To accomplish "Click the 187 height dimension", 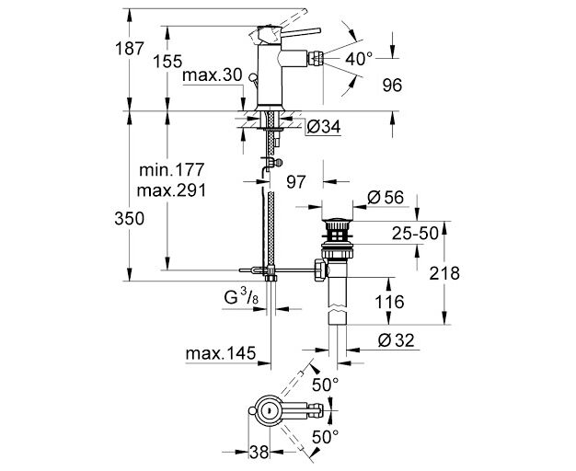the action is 130,48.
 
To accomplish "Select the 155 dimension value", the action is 167,61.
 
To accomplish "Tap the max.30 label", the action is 213,75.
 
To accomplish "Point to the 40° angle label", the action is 359,59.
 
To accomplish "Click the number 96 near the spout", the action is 392,86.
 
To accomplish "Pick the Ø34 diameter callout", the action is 323,127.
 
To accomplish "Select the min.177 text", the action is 171,170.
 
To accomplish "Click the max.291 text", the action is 171,190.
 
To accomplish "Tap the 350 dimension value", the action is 130,219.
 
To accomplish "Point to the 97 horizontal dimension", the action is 295,181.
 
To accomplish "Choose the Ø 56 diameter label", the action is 385,198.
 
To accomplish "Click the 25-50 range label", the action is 415,233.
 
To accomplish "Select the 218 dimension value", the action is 444,273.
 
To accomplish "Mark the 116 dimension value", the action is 389,302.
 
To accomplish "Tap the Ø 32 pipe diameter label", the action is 396,340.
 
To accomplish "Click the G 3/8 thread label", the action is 241,297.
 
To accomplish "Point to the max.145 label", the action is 221,353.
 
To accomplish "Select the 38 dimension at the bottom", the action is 259,452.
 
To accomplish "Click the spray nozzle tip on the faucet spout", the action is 316,58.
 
